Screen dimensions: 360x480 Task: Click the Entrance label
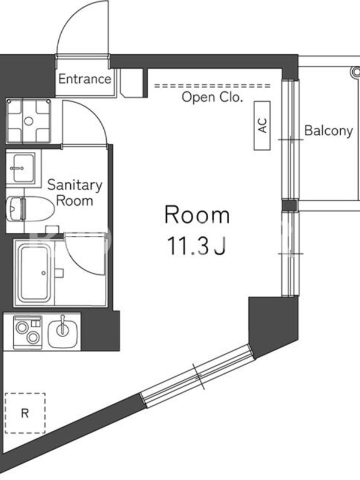coord(85,79)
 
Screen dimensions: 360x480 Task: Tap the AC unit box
coord(262,125)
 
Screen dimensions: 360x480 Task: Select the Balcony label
coord(328,131)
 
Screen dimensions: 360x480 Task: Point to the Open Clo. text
coord(212,97)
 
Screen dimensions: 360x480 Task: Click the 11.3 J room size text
coord(197,247)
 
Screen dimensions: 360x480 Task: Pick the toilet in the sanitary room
coord(29,209)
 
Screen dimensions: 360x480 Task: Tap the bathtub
coord(34,273)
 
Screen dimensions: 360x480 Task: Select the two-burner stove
coord(28,332)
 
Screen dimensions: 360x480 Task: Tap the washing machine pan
coord(28,121)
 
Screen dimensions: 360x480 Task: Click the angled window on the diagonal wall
coord(198,376)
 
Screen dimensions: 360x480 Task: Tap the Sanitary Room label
coord(74,193)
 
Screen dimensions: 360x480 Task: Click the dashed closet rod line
coord(212,86)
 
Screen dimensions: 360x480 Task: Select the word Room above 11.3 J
coord(197,215)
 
